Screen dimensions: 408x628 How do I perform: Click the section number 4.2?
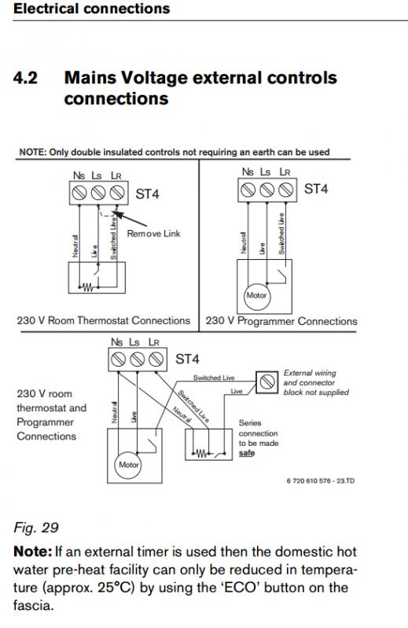pyautogui.click(x=25, y=78)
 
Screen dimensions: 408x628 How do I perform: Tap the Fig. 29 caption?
pyautogui.click(x=36, y=528)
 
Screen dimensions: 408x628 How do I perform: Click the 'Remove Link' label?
pyautogui.click(x=153, y=233)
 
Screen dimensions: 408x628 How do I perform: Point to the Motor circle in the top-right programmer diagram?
pyautogui.click(x=256, y=296)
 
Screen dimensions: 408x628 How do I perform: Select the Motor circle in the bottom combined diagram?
pyautogui.click(x=128, y=465)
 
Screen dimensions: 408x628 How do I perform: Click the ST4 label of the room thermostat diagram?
pyautogui.click(x=147, y=194)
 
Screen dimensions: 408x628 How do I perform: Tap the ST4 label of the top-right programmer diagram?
pyautogui.click(x=316, y=188)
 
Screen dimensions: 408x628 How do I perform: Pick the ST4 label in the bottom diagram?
pyautogui.click(x=187, y=359)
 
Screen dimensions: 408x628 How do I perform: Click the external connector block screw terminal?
pyautogui.click(x=266, y=382)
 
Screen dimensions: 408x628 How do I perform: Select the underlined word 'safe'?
pyautogui.click(x=247, y=453)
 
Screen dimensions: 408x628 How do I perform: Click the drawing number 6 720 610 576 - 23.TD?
pyautogui.click(x=321, y=480)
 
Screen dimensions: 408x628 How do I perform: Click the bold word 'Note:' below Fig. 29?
pyautogui.click(x=32, y=552)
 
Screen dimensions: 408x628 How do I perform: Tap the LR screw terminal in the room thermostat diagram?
pyautogui.click(x=117, y=193)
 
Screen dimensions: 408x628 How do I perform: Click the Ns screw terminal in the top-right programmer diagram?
pyautogui.click(x=248, y=190)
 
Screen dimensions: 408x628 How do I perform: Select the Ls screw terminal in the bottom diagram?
pyautogui.click(x=137, y=359)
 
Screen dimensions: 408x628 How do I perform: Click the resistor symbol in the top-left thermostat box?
pyautogui.click(x=88, y=287)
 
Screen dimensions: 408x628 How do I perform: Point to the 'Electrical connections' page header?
pyautogui.click(x=91, y=9)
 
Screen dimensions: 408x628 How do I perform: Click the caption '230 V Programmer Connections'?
pyautogui.click(x=281, y=321)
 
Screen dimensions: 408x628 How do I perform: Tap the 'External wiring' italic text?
pyautogui.click(x=310, y=373)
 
